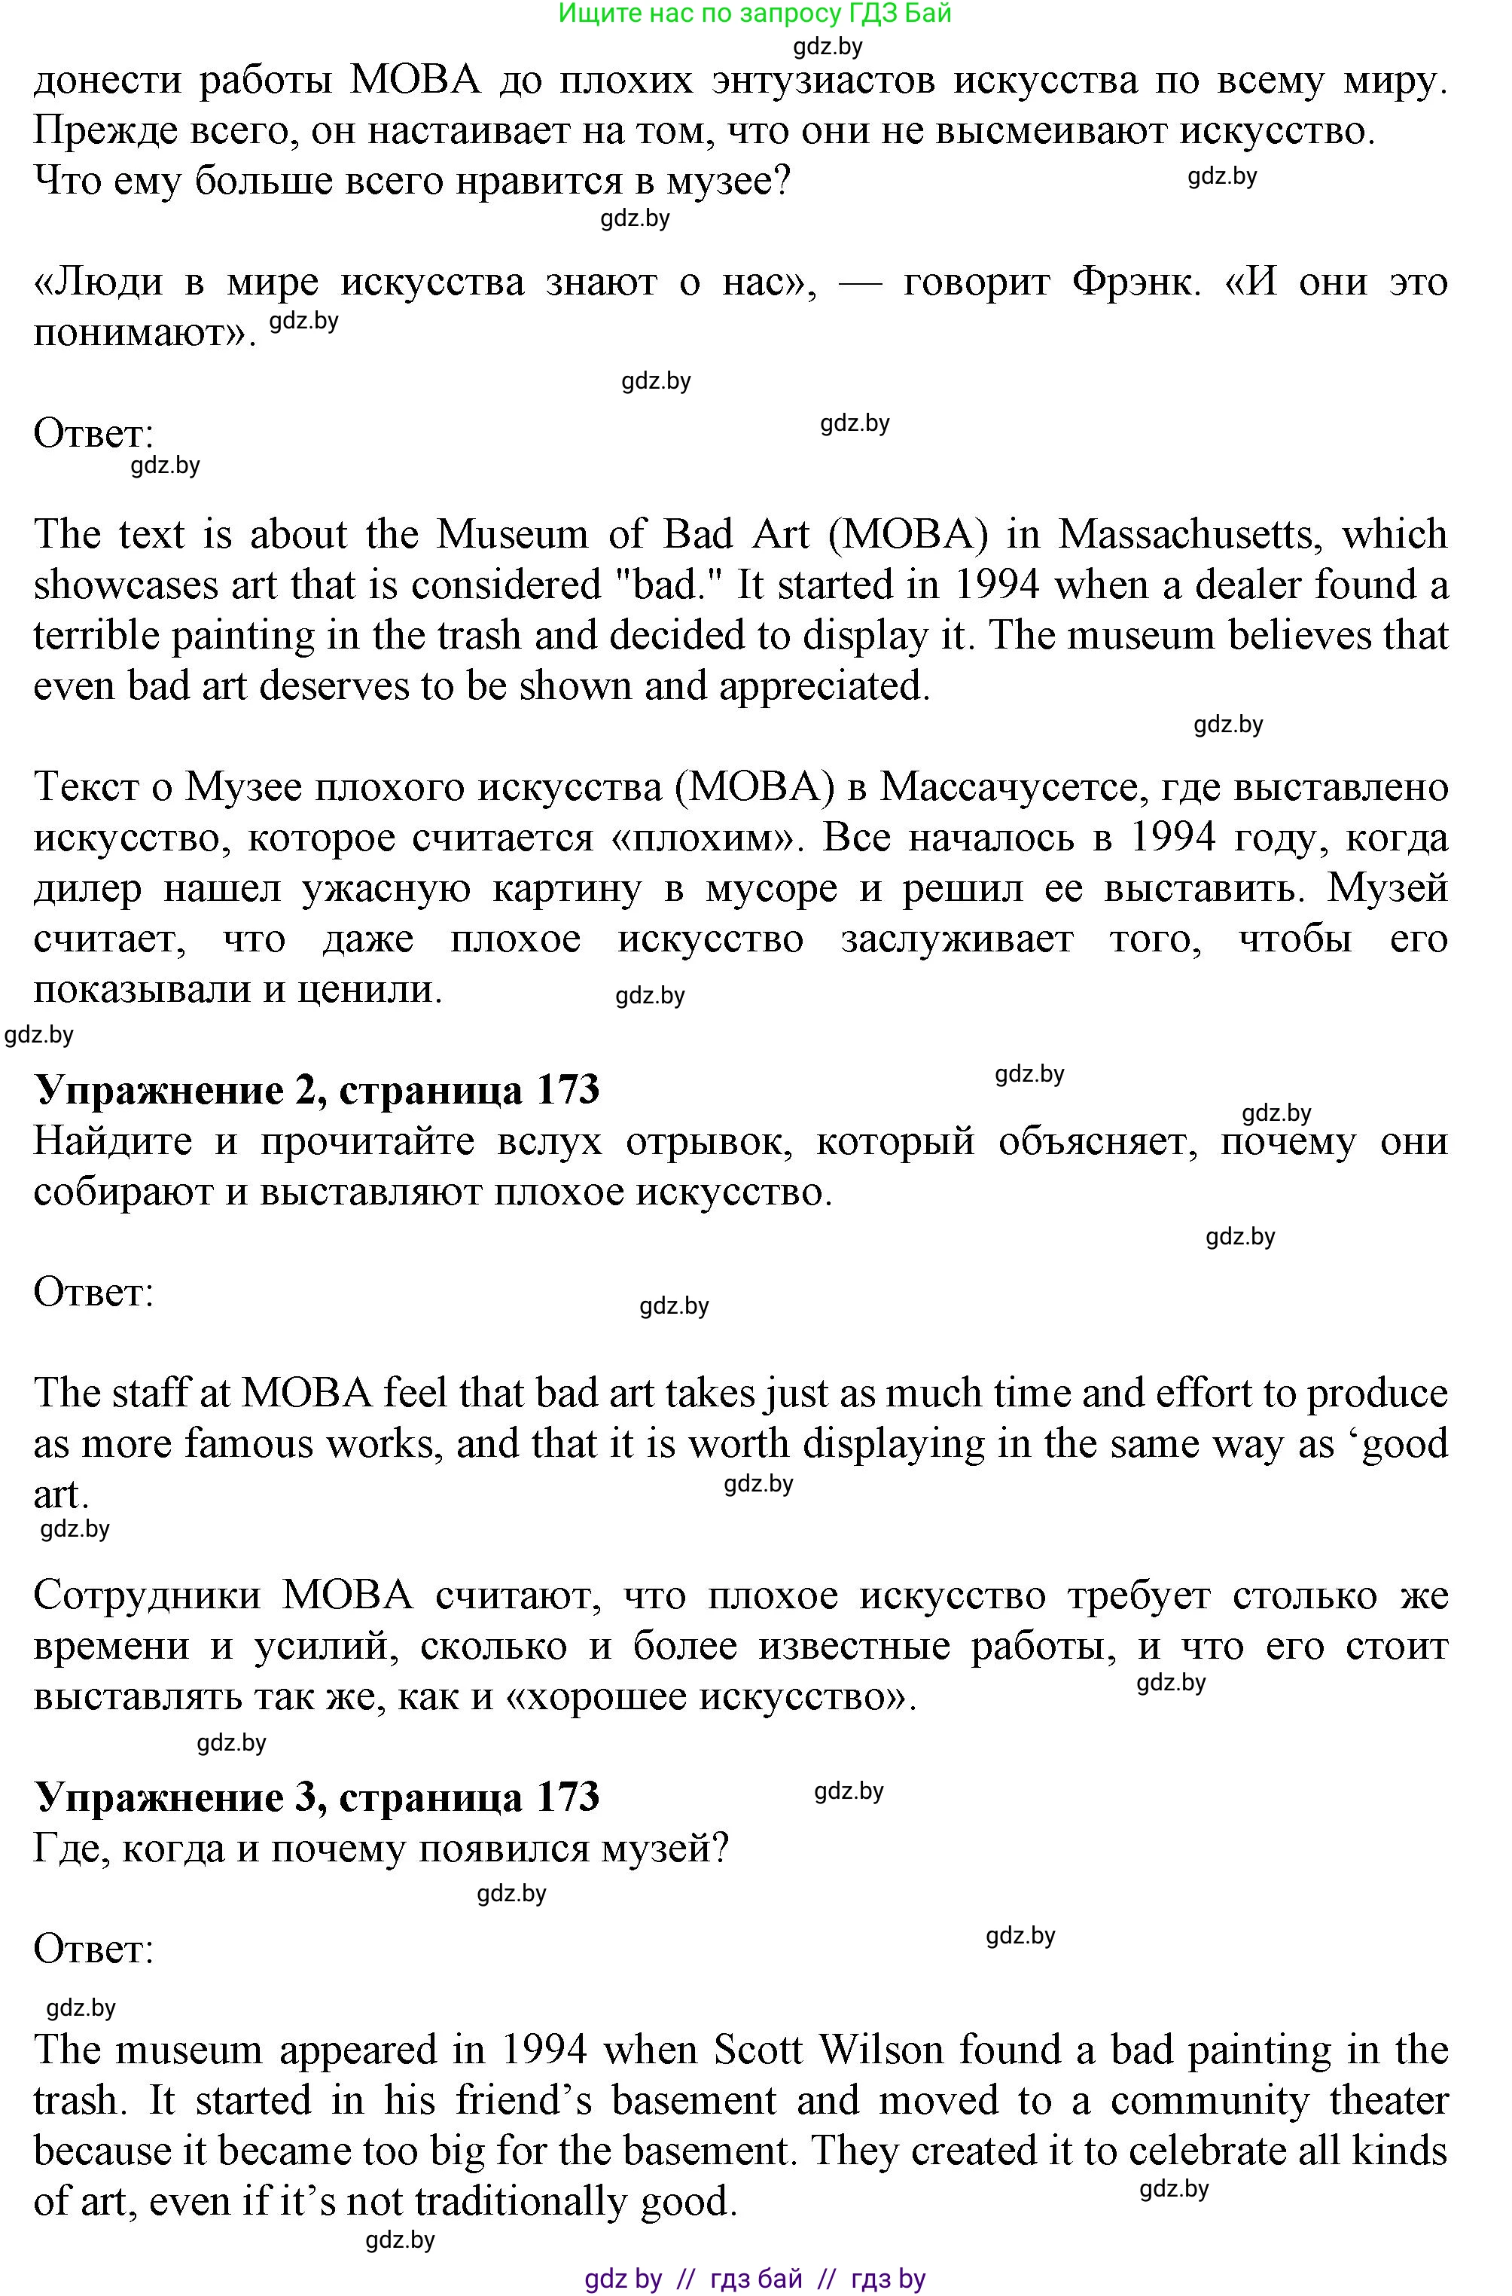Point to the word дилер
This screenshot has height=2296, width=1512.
pos(87,888)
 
